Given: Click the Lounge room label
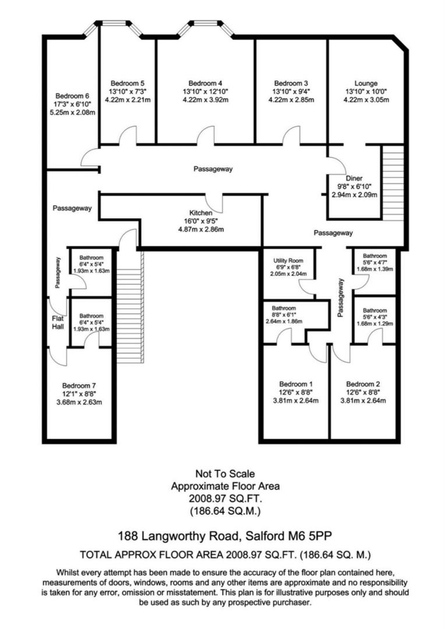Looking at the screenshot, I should (x=366, y=83).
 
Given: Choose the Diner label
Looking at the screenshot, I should (x=354, y=178).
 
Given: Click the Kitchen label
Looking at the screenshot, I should (x=200, y=213).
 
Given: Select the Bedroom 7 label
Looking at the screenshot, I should (x=79, y=385).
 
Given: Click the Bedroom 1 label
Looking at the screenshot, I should (x=296, y=384).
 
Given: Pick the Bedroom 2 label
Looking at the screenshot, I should (x=363, y=384).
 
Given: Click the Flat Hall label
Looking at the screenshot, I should (x=57, y=323).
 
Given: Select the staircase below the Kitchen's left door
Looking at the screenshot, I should (x=127, y=297).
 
